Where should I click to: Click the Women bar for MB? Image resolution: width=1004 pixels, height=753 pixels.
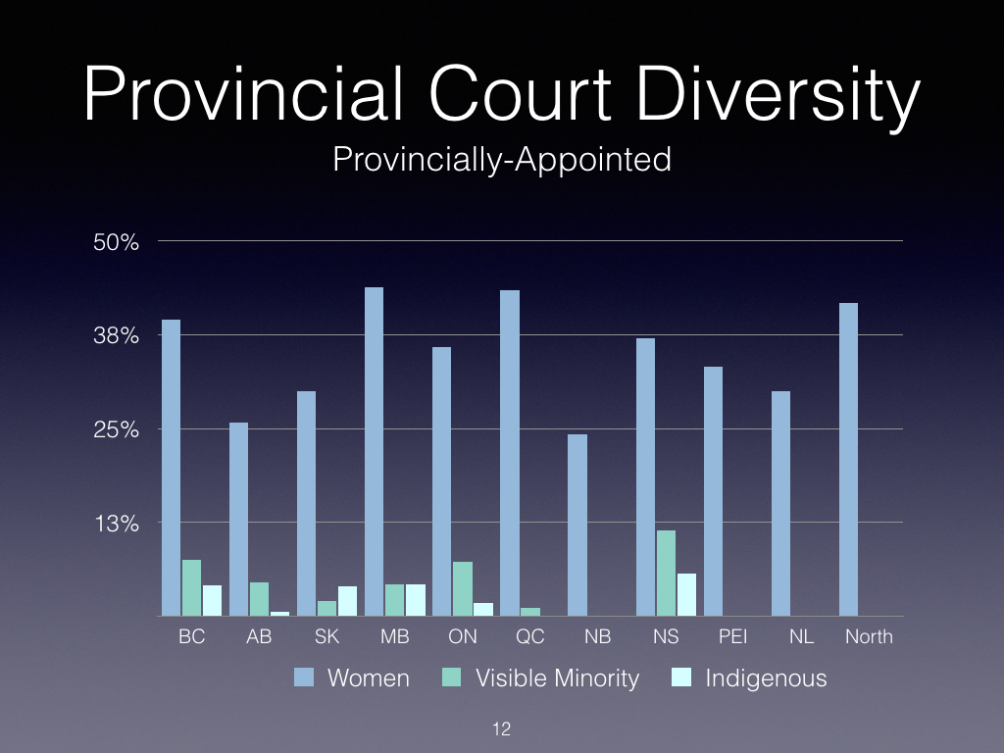(x=374, y=451)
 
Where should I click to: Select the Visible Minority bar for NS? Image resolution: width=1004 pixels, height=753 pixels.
(x=666, y=573)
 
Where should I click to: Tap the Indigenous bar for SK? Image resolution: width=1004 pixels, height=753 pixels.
(x=347, y=601)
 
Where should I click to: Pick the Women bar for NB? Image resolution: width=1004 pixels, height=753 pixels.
(x=577, y=526)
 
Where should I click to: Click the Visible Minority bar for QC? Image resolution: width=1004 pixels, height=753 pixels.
(x=530, y=612)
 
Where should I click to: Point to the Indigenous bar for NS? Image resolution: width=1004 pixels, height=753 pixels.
(x=686, y=595)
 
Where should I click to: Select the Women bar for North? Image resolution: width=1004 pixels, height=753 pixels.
(x=848, y=460)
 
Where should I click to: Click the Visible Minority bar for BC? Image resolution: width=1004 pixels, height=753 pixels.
(x=191, y=588)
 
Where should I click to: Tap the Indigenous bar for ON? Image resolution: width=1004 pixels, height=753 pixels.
(x=482, y=610)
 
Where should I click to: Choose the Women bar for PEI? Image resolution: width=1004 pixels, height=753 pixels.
(x=713, y=492)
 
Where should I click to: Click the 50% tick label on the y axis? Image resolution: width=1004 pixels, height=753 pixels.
(x=116, y=242)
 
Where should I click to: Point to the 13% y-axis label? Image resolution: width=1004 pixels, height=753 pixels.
(x=117, y=524)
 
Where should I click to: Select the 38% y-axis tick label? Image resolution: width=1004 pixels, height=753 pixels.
(x=116, y=335)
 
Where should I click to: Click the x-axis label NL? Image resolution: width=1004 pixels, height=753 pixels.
(x=801, y=636)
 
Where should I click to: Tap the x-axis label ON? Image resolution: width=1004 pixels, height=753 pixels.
(x=463, y=636)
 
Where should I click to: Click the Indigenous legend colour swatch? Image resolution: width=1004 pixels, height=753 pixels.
(x=681, y=678)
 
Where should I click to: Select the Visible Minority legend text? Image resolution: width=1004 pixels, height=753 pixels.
(x=557, y=678)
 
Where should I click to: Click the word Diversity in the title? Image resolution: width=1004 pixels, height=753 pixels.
(x=778, y=95)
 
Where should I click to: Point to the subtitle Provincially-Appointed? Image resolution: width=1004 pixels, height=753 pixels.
(x=502, y=160)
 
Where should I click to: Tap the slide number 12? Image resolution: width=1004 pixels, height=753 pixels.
(x=501, y=728)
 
